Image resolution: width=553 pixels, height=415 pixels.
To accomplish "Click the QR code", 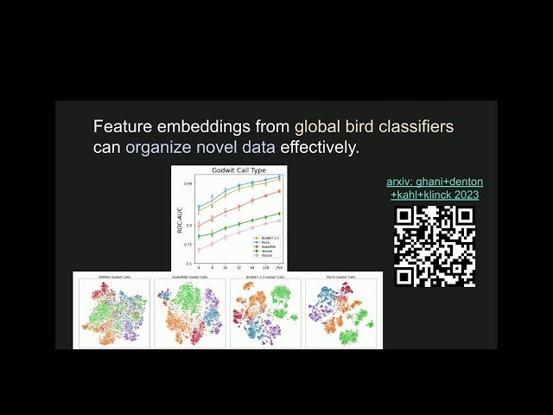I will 435,247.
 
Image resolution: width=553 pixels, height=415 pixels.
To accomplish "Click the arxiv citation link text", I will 434,188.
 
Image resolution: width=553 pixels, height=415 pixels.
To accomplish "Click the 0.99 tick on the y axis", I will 188,183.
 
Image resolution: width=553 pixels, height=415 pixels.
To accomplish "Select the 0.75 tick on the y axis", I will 188,246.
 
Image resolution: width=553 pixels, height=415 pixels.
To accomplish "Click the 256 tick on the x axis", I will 278,269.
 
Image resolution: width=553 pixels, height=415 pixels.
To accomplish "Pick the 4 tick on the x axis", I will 200,269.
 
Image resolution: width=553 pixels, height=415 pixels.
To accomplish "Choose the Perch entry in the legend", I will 260,241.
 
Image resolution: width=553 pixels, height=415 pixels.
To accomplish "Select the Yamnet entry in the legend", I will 262,250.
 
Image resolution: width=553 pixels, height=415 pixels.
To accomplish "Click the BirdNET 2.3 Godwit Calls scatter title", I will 264,277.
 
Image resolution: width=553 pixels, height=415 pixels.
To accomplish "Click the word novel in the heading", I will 200,148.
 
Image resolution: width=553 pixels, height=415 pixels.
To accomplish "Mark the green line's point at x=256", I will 278,214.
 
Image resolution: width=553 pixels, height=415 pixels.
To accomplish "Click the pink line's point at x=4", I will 200,250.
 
